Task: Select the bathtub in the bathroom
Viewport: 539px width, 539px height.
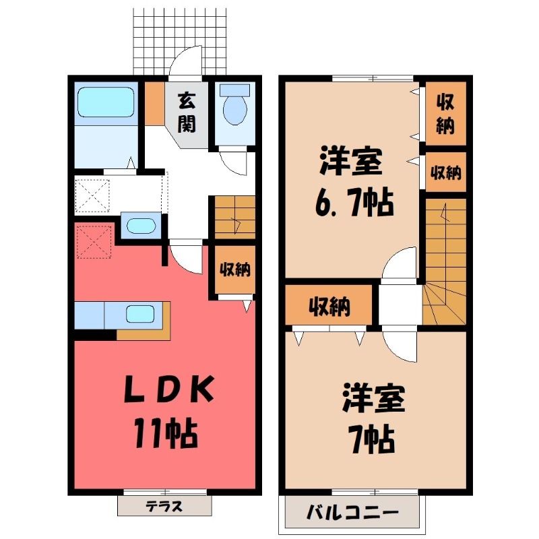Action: pyautogui.click(x=106, y=102)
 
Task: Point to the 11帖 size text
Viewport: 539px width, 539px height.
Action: pyautogui.click(x=166, y=433)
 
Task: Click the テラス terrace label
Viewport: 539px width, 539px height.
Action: pyautogui.click(x=164, y=506)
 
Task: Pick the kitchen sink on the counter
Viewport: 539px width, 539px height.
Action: pyautogui.click(x=140, y=314)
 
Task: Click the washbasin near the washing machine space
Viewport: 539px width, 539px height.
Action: pyautogui.click(x=141, y=226)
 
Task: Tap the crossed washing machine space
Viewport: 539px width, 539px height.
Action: pyautogui.click(x=92, y=195)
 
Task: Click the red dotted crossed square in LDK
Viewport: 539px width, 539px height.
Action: pyautogui.click(x=94, y=242)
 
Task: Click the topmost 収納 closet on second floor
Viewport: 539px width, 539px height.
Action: pyautogui.click(x=445, y=113)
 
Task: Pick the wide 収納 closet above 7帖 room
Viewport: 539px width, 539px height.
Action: pyautogui.click(x=329, y=305)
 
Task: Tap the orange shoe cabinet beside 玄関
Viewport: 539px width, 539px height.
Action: pyautogui.click(x=154, y=104)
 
